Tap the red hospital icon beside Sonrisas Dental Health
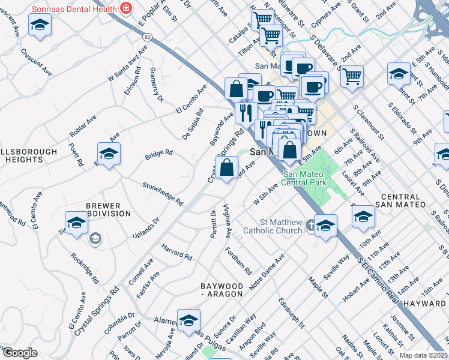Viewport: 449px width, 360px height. (x=126, y=7)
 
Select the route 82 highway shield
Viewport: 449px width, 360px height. (x=147, y=37)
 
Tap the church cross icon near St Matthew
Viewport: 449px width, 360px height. (x=310, y=226)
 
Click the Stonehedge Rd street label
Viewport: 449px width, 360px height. (x=163, y=194)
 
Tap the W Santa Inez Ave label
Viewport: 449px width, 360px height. (x=127, y=66)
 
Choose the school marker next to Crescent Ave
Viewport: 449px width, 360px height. (x=40, y=26)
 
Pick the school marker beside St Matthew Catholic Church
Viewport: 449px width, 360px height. (x=325, y=226)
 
